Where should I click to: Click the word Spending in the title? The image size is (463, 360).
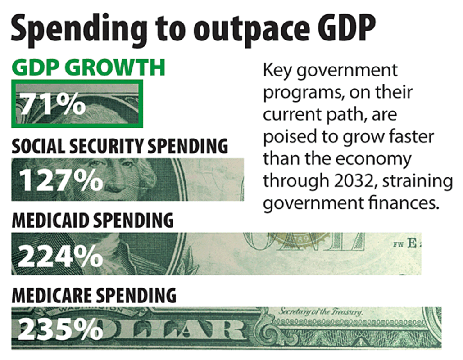pos(75,29)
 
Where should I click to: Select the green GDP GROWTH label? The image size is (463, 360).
pos(89,68)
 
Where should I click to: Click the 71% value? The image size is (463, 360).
pos(51,105)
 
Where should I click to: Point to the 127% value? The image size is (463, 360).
pos(61,180)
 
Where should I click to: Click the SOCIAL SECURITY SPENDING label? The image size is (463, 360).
pos(119,146)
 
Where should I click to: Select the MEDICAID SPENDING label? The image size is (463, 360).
pos(92,220)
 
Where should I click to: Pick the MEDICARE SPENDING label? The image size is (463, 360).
pos(94,295)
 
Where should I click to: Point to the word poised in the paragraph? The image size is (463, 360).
pos(287,137)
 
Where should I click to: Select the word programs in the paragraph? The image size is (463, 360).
pos(298,93)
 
